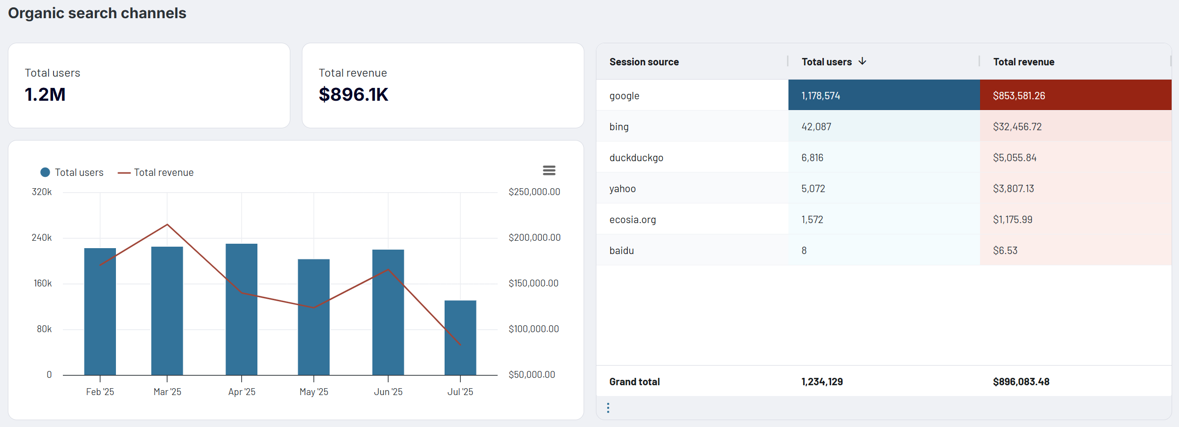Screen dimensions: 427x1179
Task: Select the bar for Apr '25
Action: pyautogui.click(x=241, y=310)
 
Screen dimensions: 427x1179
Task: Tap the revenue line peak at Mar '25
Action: pyautogui.click(x=168, y=225)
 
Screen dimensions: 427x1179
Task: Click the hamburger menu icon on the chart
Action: pyautogui.click(x=549, y=171)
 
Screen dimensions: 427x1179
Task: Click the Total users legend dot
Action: pyautogui.click(x=45, y=172)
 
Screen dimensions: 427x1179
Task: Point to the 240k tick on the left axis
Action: pyautogui.click(x=42, y=238)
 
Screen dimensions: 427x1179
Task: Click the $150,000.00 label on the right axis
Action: pyautogui.click(x=533, y=284)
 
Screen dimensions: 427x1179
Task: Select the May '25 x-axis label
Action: pyautogui.click(x=313, y=392)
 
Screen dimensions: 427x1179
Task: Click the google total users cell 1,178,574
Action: pyautogui.click(x=821, y=96)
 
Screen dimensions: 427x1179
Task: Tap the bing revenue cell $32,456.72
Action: pyautogui.click(x=1017, y=127)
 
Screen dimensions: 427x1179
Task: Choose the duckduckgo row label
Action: pyautogui.click(x=636, y=158)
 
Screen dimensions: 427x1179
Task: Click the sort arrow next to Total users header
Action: pyautogui.click(x=862, y=61)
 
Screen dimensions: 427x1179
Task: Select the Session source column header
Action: pyautogui.click(x=644, y=62)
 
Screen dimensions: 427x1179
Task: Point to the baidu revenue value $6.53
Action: pyautogui.click(x=1005, y=251)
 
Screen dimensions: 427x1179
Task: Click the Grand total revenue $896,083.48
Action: pyautogui.click(x=1021, y=382)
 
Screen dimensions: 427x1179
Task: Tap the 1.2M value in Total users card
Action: pyautogui.click(x=45, y=94)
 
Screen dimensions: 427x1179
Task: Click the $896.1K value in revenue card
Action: pyautogui.click(x=353, y=94)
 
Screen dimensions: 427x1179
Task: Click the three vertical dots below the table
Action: pyautogui.click(x=608, y=408)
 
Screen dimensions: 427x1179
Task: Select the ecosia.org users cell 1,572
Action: pyautogui.click(x=812, y=220)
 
